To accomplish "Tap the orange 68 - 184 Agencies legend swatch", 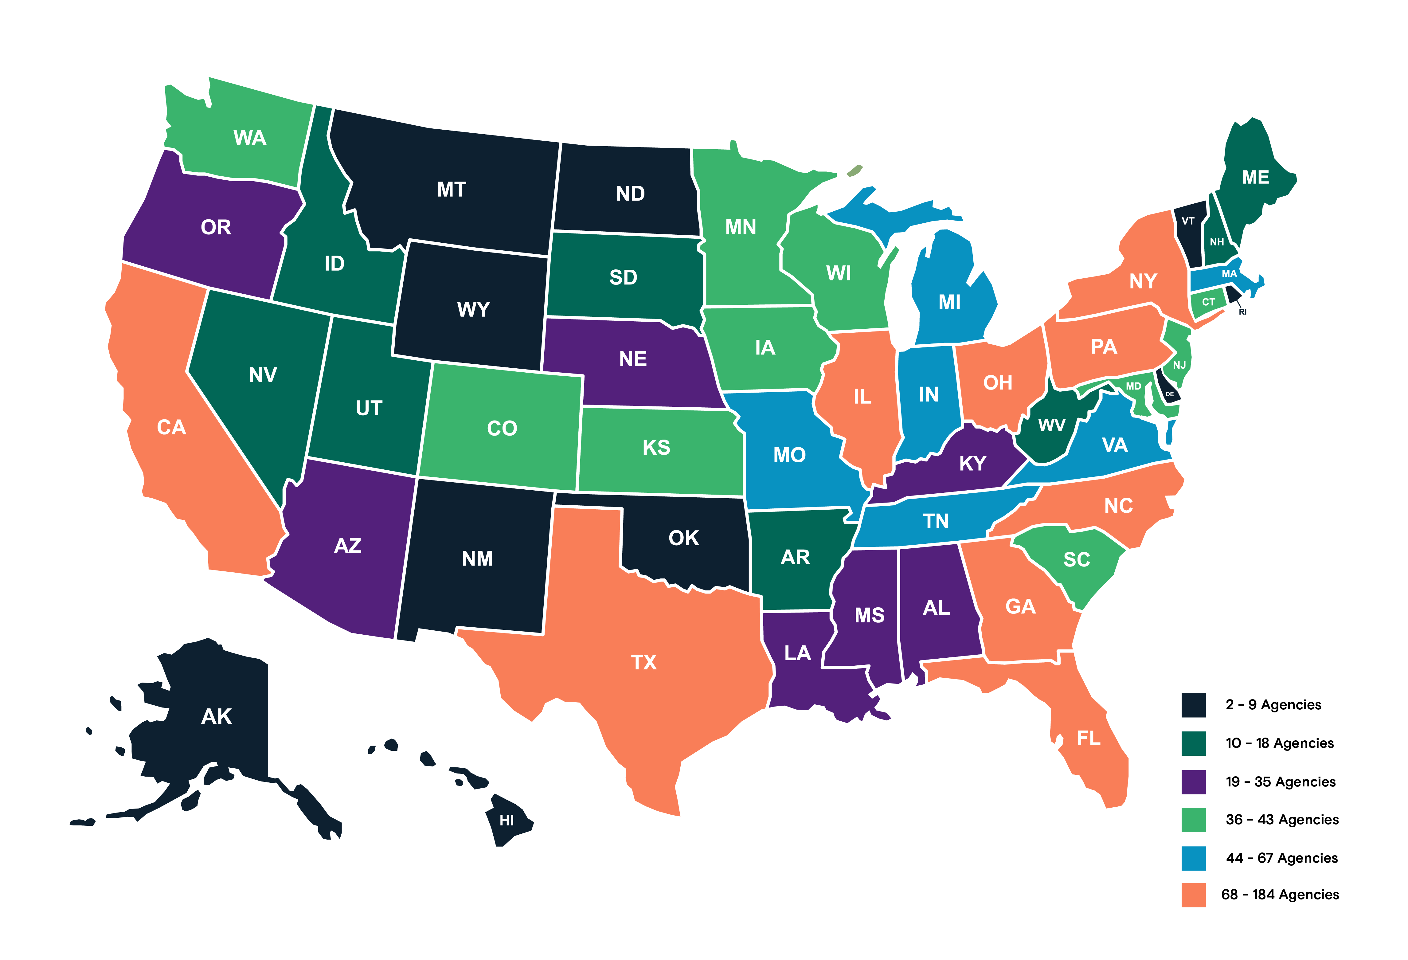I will [x=1193, y=895].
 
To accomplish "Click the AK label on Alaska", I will [x=216, y=716].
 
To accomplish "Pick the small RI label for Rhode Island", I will [x=1243, y=312].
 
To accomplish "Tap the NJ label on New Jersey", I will [x=1179, y=365].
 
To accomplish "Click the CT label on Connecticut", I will [x=1208, y=302].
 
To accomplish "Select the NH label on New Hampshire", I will [x=1217, y=242].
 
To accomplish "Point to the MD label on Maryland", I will [x=1133, y=386].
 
